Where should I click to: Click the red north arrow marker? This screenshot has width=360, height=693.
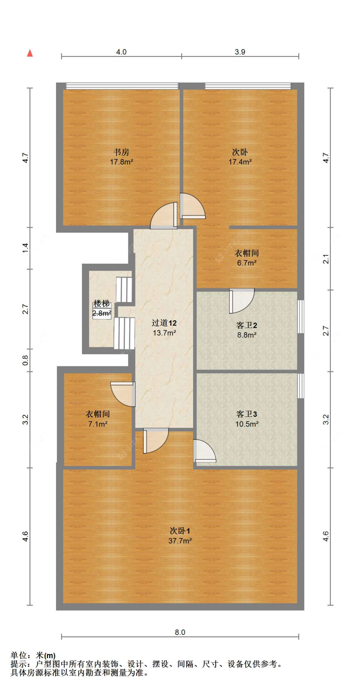[x=30, y=53]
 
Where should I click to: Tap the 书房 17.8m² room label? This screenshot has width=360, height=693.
[x=121, y=157]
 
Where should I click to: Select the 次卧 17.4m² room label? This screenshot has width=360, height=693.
[x=240, y=157]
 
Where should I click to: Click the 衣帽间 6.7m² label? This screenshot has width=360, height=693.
[x=246, y=258]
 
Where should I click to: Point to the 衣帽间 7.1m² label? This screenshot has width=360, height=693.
[x=98, y=419]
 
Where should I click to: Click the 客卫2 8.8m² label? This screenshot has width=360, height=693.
[x=246, y=330]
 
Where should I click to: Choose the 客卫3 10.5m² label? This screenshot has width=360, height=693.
[x=246, y=419]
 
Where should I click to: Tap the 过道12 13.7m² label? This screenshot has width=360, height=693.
[x=164, y=328]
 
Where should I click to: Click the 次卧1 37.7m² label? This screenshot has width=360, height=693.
[x=180, y=536]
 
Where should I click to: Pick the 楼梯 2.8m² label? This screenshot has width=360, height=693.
[x=102, y=308]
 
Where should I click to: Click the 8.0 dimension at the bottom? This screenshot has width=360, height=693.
[x=180, y=632]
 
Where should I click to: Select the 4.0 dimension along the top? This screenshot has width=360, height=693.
[x=121, y=52]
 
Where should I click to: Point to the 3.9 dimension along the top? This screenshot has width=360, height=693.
[x=240, y=52]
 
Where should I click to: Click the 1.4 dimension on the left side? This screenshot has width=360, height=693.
[x=25, y=248]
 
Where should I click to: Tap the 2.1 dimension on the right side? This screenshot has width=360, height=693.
[x=325, y=259]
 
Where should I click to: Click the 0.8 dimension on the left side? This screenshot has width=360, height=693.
[x=25, y=360]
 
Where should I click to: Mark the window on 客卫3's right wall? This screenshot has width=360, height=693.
[x=300, y=386]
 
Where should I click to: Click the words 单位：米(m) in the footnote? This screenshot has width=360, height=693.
[x=33, y=656]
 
